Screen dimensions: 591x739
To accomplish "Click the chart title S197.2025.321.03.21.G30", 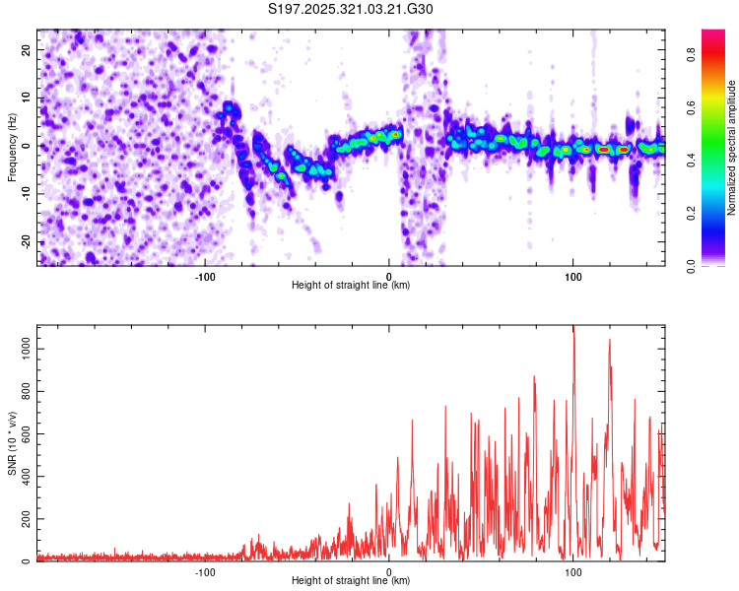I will click(351, 10).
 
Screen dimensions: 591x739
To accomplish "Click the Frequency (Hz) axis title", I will click(12, 148).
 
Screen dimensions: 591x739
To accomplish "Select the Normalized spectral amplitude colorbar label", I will click(732, 148).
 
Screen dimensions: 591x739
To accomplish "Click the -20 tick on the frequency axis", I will click(25, 241).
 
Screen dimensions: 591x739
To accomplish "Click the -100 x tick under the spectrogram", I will click(205, 277).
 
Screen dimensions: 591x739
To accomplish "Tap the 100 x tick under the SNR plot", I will click(573, 572).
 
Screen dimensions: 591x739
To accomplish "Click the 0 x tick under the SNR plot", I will click(389, 572).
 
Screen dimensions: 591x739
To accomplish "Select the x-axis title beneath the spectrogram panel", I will click(351, 286).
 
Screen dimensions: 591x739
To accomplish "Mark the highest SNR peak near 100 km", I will click(573, 329).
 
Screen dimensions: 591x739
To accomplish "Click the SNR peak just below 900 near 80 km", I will click(534, 376).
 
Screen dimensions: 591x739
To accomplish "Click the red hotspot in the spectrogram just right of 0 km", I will click(396, 134).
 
